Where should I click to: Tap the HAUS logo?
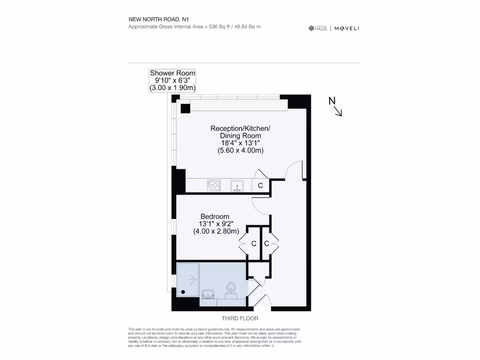point(318,29)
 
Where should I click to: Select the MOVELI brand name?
point(347,29)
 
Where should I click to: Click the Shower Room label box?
point(172,80)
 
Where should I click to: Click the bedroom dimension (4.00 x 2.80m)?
point(216,231)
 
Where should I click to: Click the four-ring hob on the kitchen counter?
point(214,186)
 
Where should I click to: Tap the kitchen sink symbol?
point(237,186)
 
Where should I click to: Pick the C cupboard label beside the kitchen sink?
point(260,186)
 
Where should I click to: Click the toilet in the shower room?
point(231,287)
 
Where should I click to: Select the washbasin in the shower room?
point(209,294)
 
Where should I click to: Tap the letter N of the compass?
point(332,101)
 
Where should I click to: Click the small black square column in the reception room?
point(185,108)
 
